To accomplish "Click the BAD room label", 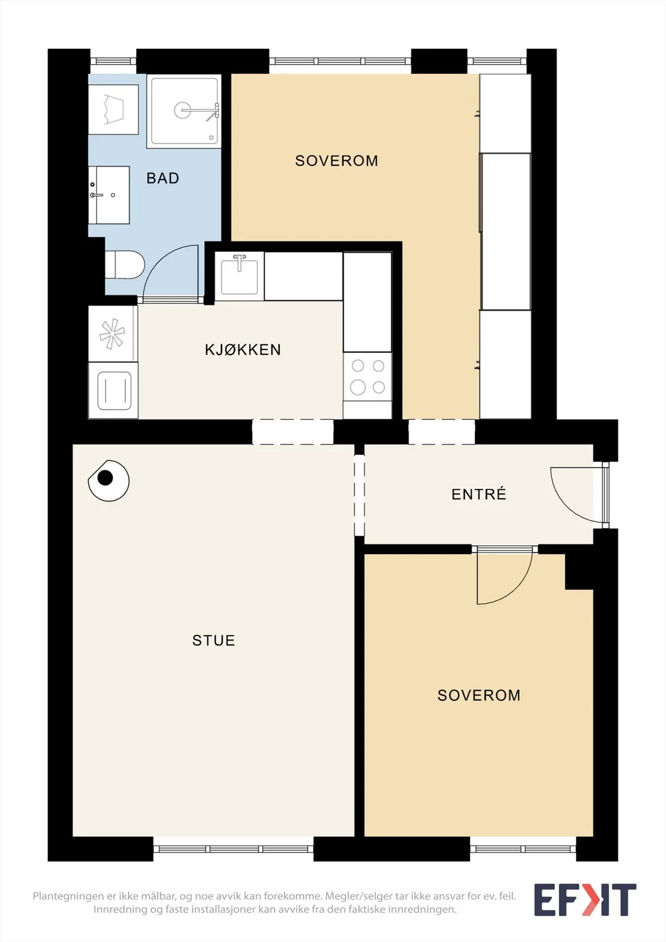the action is pos(163,178).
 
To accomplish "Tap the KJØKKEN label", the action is pos(243,350).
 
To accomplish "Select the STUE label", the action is pos(213,640).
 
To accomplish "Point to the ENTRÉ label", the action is pos(479,494).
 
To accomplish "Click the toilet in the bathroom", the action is pos(124,264).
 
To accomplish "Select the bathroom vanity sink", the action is pos(108,195).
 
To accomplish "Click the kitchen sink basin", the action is pos(240,276).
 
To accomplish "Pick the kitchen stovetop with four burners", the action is pos(367,377).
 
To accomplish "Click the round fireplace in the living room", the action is pos(108,480).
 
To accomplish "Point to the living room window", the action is pos(233,848).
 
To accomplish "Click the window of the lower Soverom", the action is pos(523,848).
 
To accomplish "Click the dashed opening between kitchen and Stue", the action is pos(293,432).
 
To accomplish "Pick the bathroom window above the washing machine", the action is pos(113,61).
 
